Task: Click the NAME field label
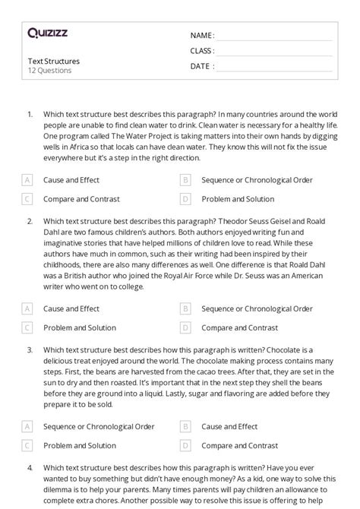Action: click(x=201, y=36)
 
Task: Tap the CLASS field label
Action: click(x=202, y=51)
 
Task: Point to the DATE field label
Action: click(x=201, y=66)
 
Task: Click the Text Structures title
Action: click(x=53, y=61)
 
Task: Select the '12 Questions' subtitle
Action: click(x=49, y=71)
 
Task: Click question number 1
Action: click(x=30, y=114)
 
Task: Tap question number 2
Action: click(x=30, y=221)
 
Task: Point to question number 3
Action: click(x=30, y=350)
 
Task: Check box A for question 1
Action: click(x=27, y=180)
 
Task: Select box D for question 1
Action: click(x=185, y=199)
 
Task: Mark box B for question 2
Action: click(x=185, y=309)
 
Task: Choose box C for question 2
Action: click(x=27, y=328)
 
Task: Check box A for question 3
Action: click(x=27, y=427)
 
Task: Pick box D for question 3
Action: click(x=185, y=446)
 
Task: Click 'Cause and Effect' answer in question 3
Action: click(x=229, y=427)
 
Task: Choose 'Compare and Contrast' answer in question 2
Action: click(x=239, y=328)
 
